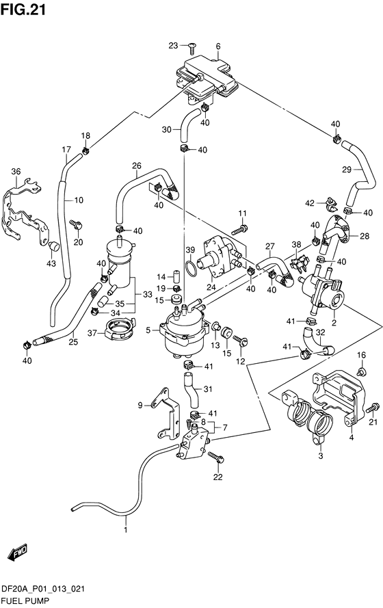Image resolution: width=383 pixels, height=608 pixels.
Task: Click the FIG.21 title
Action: point(23,10)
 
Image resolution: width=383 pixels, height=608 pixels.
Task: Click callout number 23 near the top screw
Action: point(173,46)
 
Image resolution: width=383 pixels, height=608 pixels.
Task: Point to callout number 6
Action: point(218,47)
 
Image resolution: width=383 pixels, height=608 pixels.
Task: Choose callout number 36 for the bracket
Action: point(16,172)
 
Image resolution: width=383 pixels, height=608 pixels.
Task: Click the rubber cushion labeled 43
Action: point(53,246)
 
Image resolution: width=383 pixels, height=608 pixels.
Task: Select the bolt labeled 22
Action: point(216,458)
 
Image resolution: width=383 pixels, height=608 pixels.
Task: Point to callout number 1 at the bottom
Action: point(125,529)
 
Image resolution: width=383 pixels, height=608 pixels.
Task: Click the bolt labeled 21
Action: point(373,408)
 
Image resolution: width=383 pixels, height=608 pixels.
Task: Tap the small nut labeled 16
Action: point(361,372)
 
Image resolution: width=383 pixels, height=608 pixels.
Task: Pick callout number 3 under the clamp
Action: point(321,456)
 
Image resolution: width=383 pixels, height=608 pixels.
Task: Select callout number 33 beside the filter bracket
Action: point(147,295)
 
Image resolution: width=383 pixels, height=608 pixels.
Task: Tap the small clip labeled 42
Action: point(330,204)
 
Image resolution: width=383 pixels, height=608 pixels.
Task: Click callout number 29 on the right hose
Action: point(347,169)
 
